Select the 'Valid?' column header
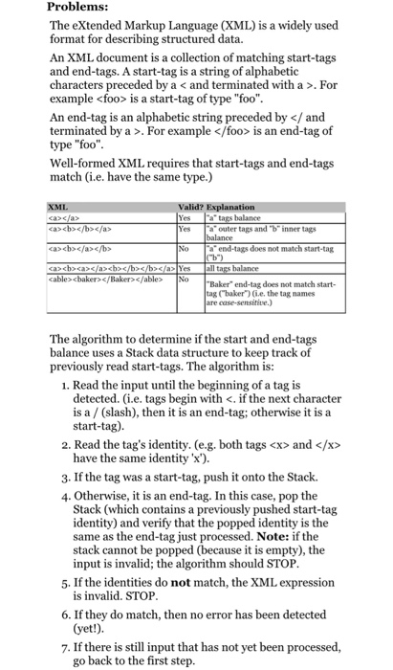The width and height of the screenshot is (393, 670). [x=188, y=206]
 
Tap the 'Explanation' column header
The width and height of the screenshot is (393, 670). [x=230, y=206]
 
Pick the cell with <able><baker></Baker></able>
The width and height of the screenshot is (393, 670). [x=97, y=282]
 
